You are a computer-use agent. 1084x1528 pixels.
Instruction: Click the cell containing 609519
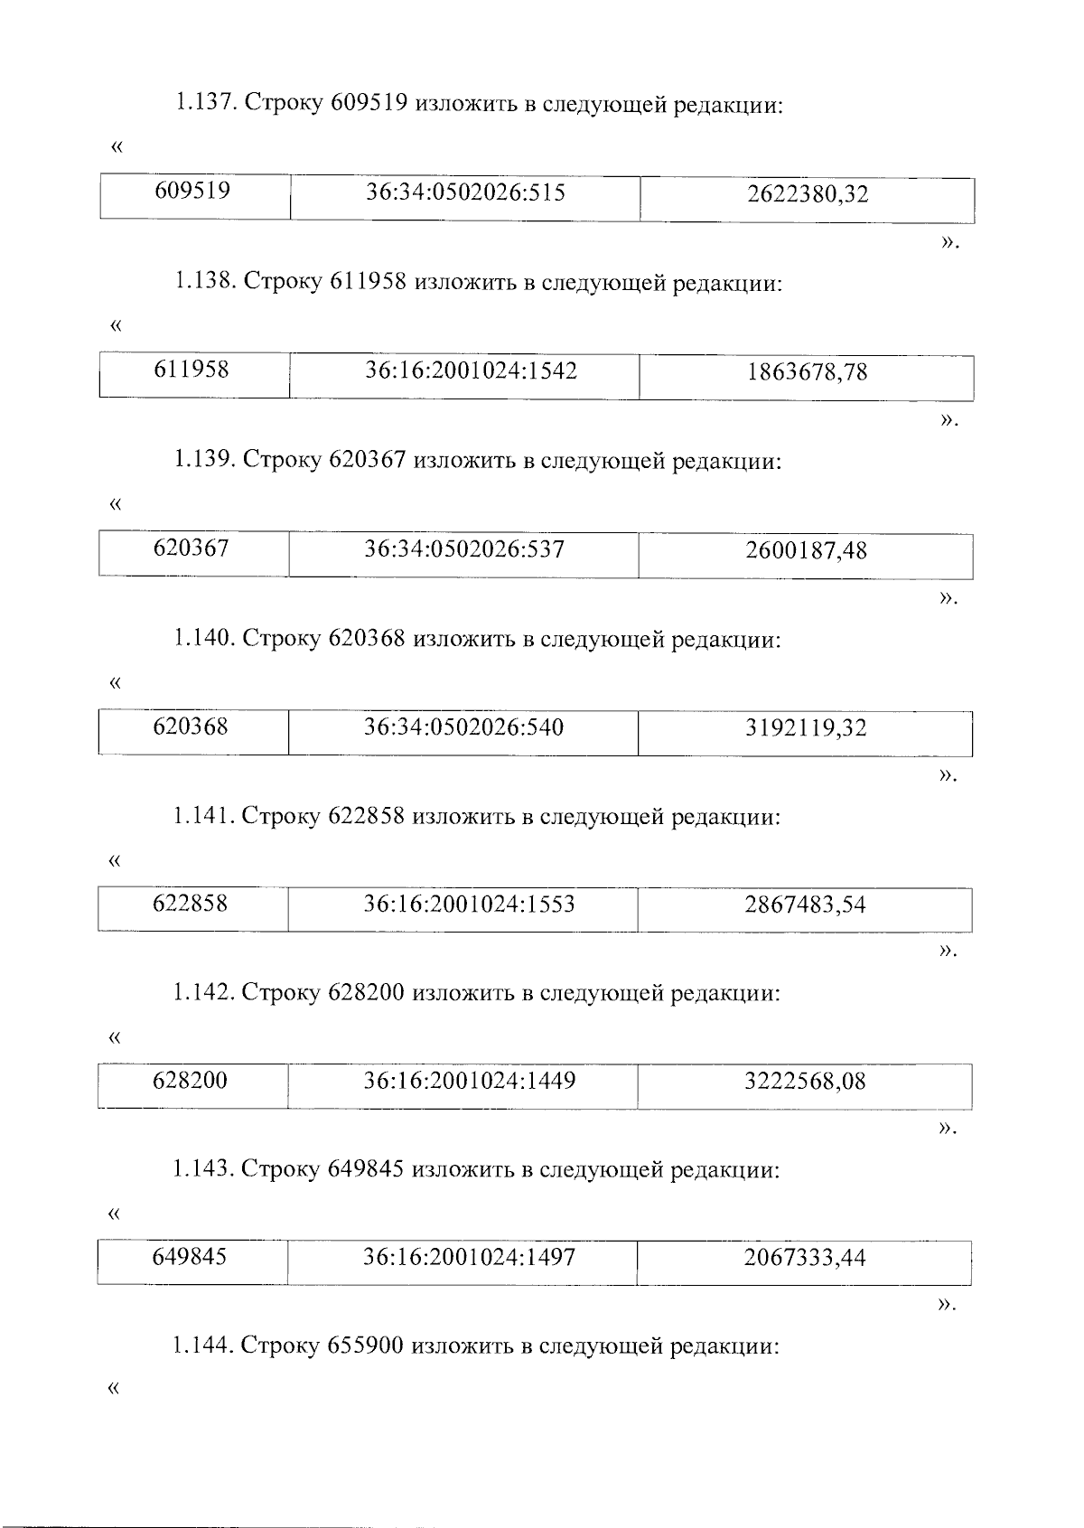coord(192,192)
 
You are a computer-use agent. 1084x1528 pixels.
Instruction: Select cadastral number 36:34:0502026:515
coord(465,192)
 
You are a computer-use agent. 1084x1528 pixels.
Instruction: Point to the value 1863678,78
coord(807,372)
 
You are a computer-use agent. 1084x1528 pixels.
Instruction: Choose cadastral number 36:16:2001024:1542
coord(471,370)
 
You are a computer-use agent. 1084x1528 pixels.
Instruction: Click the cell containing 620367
coord(192,548)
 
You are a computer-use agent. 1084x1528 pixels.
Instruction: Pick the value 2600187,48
coord(806,550)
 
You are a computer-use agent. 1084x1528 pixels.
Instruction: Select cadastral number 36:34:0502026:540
coord(463,727)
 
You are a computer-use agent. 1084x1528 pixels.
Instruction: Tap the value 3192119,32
coord(806,728)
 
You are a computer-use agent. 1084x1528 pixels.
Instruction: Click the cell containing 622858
coord(191,904)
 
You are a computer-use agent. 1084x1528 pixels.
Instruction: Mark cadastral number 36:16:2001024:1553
coord(469,905)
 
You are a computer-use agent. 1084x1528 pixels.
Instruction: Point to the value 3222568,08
coord(805,1082)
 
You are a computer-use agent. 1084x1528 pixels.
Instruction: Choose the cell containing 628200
coord(191,1081)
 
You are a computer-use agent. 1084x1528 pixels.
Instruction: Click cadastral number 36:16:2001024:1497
coord(469,1257)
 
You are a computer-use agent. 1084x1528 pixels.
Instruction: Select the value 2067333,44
coord(805,1258)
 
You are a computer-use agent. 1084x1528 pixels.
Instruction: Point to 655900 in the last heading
coord(366,1346)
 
